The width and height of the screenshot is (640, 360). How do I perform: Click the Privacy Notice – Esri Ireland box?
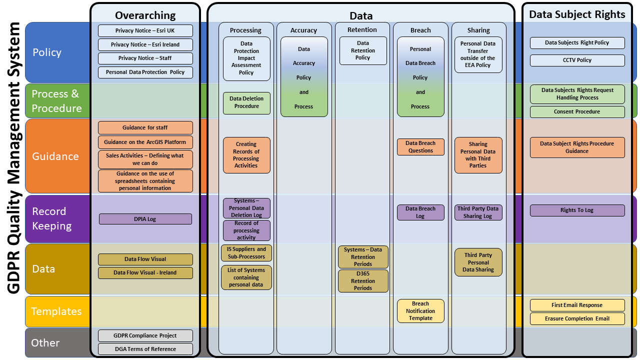[x=145, y=44]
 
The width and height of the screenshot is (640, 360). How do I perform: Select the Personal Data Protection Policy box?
[x=145, y=72]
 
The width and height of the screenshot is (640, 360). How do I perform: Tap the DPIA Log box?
[x=145, y=219]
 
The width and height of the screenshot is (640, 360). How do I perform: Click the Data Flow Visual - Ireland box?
[x=145, y=272]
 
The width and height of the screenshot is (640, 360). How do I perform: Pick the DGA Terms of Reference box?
[x=145, y=349]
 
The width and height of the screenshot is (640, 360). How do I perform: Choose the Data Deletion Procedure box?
[x=246, y=102]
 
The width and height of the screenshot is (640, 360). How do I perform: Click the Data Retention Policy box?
[x=363, y=50]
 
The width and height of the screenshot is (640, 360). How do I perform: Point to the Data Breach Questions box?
[x=420, y=147]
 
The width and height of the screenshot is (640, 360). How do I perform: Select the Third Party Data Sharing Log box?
[x=478, y=212]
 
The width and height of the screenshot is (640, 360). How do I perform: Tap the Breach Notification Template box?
[x=420, y=311]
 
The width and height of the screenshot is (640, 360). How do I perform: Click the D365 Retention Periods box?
[x=363, y=281]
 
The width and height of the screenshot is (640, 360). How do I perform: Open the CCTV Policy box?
[x=577, y=60]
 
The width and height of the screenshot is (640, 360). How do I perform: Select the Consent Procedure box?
[x=577, y=111]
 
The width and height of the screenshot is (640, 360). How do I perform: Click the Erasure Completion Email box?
[x=577, y=318]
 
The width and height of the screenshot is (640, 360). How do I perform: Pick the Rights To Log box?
[x=577, y=210]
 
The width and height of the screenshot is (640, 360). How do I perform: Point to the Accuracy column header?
[x=303, y=30]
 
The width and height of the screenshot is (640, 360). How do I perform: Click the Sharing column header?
[x=478, y=30]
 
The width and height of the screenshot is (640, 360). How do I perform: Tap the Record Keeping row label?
[x=52, y=218]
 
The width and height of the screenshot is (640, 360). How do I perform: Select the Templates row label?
[x=56, y=311]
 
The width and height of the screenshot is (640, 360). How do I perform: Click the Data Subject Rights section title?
[x=577, y=14]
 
